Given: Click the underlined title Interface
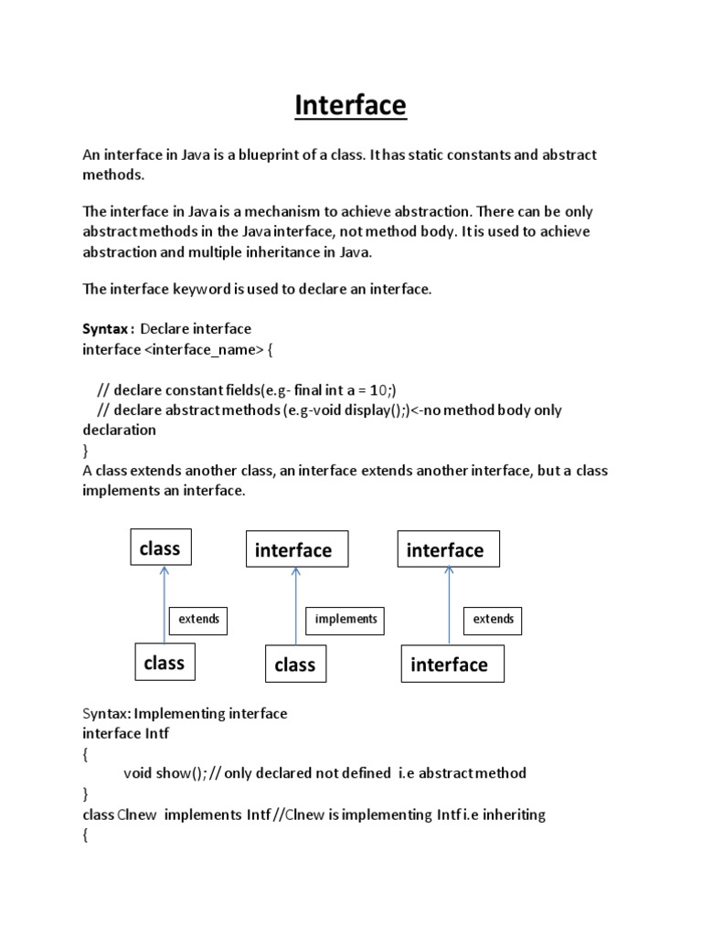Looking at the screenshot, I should pos(350,106).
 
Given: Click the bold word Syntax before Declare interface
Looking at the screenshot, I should pos(107,328).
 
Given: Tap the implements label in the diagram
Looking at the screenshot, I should pos(346,619).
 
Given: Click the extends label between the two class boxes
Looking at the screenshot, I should pos(198,619).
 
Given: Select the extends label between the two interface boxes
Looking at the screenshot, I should pos(493,619).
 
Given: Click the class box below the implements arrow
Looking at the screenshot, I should pos(294,665).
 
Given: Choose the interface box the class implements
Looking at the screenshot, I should pos(292,550).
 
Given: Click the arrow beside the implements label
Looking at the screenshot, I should pos(294,607).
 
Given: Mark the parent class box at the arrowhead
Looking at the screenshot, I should pos(159,548).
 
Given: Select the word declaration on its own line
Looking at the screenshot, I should pos(120,430).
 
